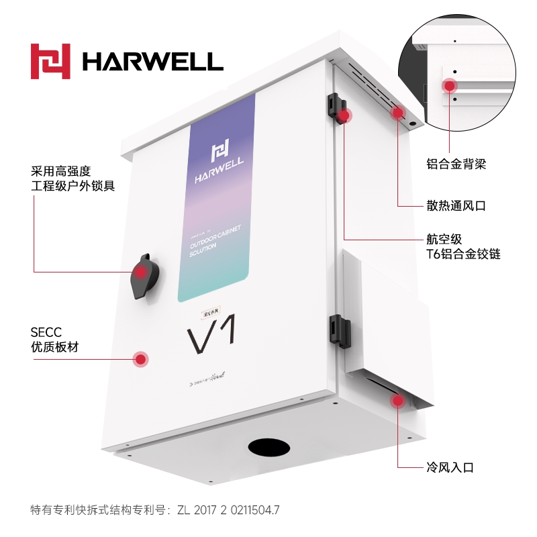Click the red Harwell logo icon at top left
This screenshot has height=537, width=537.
click(x=50, y=61)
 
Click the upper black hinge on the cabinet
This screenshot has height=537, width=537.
click(x=334, y=105)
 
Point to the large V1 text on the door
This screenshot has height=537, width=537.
click(x=210, y=335)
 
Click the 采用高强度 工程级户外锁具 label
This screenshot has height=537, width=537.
click(x=73, y=178)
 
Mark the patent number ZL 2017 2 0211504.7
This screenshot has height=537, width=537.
click(x=228, y=509)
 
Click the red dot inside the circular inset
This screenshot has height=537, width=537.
click(x=448, y=85)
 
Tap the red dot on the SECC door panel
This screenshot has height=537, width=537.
click(x=140, y=359)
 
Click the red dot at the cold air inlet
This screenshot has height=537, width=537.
click(x=398, y=401)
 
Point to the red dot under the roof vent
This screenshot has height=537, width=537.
click(x=397, y=113)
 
